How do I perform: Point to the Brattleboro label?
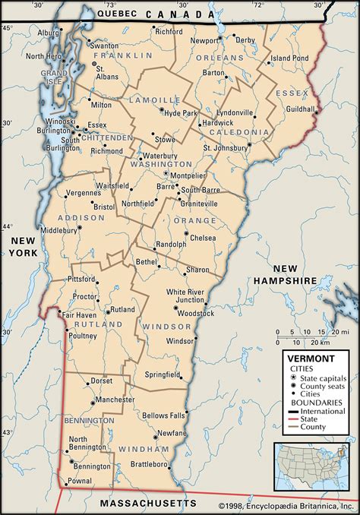pos(147,463)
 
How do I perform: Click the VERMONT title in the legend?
pos(308,355)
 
